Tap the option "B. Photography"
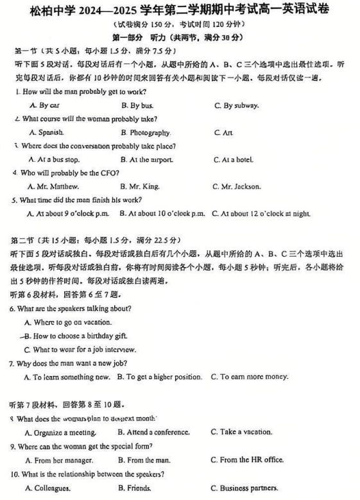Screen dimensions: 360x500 (145, 133)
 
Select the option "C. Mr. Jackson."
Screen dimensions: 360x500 (236, 187)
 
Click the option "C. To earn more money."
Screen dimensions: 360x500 (249, 377)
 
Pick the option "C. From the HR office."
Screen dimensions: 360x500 (246, 460)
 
